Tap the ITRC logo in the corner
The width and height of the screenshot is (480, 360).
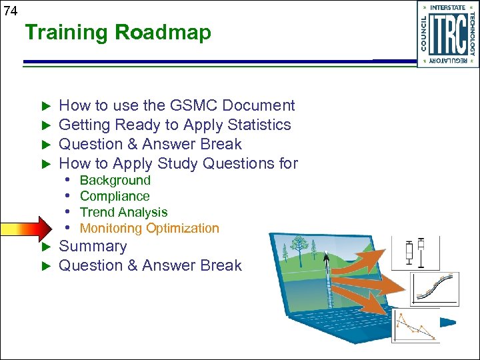447,34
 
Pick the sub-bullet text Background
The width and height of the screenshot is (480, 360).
115,180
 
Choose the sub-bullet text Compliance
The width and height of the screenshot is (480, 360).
115,196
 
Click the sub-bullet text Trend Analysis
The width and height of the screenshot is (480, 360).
123,212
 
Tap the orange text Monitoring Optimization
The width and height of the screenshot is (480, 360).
149,228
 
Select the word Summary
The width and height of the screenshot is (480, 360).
93,246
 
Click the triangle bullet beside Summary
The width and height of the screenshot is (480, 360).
46,247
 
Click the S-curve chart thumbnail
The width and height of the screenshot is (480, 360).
434,288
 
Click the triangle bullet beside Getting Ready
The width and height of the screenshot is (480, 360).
46,125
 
